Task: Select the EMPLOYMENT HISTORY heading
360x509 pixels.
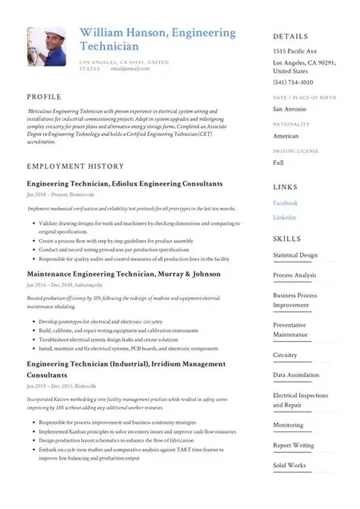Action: (75, 166)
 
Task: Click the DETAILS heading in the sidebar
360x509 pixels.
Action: (291, 37)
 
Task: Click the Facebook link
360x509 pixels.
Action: (285, 203)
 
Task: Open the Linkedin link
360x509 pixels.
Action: (284, 217)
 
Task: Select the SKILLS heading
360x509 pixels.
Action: (287, 238)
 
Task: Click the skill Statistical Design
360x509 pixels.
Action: (295, 255)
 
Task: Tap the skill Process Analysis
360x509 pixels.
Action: (294, 275)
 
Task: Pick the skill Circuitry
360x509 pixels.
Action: (285, 355)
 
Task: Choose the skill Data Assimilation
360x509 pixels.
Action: (295, 375)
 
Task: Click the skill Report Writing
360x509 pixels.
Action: (293, 445)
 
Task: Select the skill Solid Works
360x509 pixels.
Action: (289, 465)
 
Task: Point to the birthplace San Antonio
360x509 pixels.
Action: (289, 108)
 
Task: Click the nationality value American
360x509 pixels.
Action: (286, 135)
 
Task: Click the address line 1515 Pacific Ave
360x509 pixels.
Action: (294, 51)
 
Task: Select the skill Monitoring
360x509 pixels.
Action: (288, 425)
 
